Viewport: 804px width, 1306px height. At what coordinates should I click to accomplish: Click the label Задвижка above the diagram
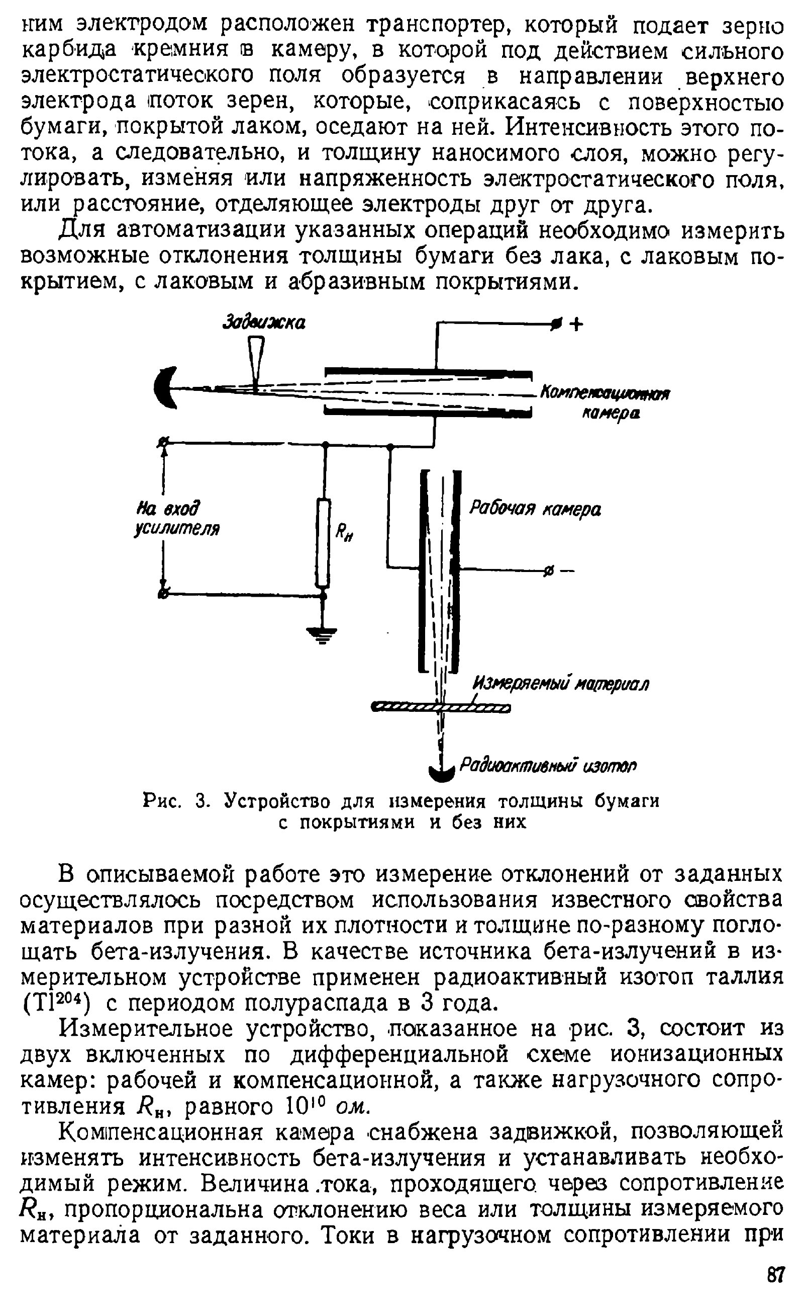point(264,322)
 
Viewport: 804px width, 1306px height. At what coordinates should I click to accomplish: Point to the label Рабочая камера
point(534,510)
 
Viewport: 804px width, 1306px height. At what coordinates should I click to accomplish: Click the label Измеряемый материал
point(560,683)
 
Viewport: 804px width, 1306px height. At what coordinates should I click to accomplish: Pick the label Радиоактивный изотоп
point(548,766)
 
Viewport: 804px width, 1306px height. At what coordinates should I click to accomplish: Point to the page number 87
point(775,1275)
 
